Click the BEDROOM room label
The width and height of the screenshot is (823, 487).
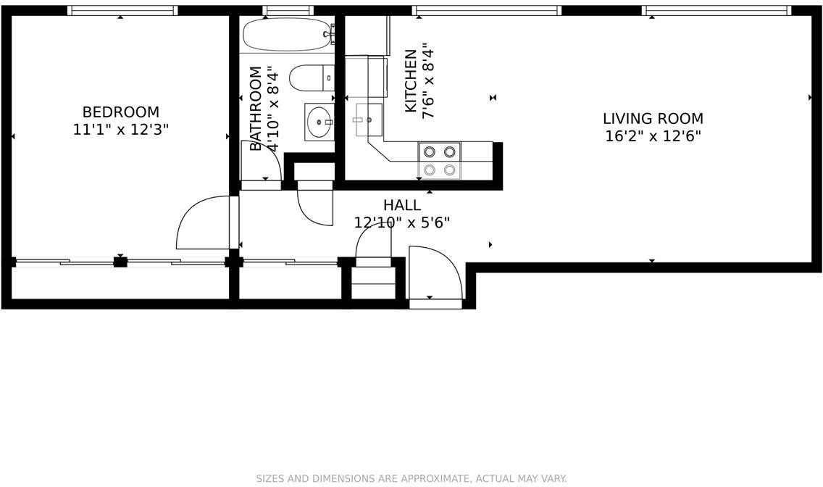pyautogui.click(x=120, y=112)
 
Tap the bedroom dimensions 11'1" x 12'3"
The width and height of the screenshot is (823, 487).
pyautogui.click(x=120, y=130)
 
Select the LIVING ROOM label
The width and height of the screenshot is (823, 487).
pyautogui.click(x=653, y=118)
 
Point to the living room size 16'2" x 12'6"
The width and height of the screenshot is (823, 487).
pyautogui.click(x=653, y=136)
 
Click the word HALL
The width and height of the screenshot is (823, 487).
pyautogui.click(x=401, y=205)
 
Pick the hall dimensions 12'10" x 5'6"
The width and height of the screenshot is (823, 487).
pyautogui.click(x=401, y=222)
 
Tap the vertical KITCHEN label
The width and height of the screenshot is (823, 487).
pyautogui.click(x=411, y=80)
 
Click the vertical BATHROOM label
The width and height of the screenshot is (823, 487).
pyautogui.click(x=255, y=109)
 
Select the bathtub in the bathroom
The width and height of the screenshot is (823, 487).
pyautogui.click(x=287, y=34)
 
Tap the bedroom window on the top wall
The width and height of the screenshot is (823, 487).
pyautogui.click(x=122, y=10)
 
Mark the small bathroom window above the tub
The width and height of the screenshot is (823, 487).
pyautogui.click(x=288, y=10)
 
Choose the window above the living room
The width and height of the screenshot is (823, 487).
pyautogui.click(x=716, y=10)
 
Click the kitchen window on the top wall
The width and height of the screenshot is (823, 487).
pyautogui.click(x=486, y=10)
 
